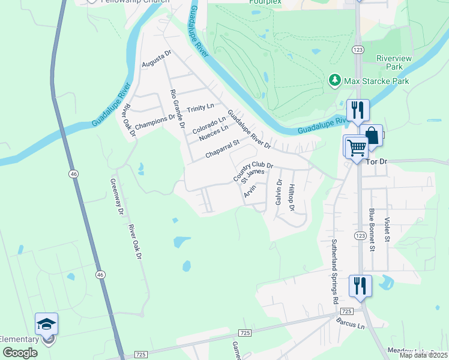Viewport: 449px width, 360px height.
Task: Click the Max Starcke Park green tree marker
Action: pos(334,80)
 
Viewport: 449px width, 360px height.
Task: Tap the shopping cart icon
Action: pos(355,146)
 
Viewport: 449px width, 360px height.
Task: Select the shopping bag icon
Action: pos(371,135)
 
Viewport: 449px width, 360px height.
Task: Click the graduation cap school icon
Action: pos(46,325)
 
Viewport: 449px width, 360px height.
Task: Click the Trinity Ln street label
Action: pos(200,108)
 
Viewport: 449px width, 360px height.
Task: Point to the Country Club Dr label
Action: pos(253,172)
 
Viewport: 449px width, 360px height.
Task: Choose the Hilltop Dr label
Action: pos(292,197)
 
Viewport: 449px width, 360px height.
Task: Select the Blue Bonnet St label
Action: pos(372,229)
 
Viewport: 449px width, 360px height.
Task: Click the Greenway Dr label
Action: pos(116,196)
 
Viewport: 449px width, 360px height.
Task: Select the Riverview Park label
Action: pos(393,62)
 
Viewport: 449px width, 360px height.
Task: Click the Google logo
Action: pos(20,353)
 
